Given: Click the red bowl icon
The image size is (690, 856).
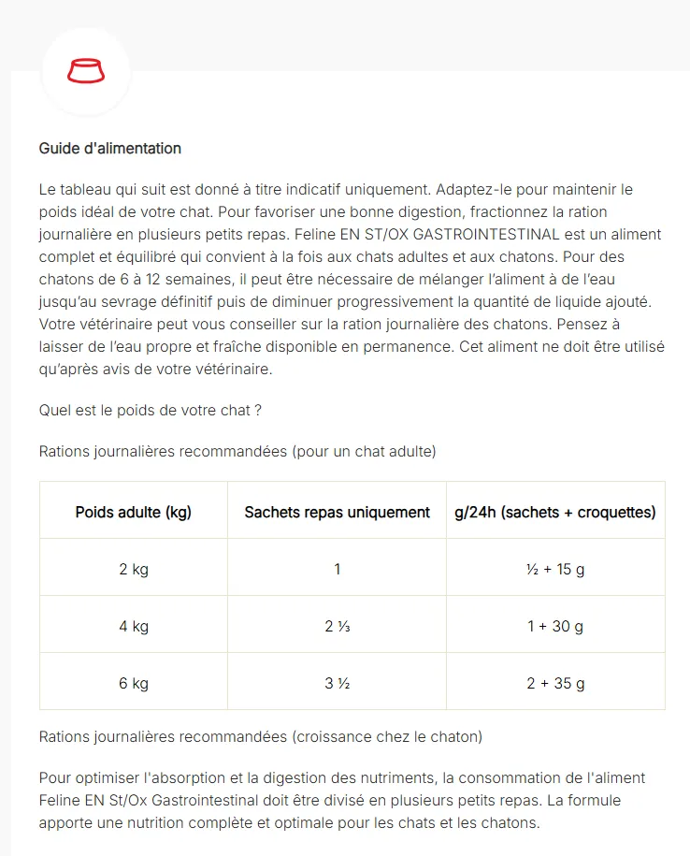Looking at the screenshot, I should coord(86,71).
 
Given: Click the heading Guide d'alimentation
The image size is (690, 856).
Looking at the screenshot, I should coord(110,149).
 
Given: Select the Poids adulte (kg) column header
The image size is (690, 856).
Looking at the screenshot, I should coord(134,512).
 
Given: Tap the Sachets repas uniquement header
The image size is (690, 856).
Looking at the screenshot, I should coord(337,512).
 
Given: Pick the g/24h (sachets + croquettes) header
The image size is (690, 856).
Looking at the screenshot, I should coord(554,512).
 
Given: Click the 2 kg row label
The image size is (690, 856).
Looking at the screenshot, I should coord(134,569).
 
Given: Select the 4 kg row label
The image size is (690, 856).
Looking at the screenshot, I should coord(134,626).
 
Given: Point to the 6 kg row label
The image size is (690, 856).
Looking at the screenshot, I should coord(134,683).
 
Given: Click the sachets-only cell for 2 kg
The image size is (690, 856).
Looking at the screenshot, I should coord(337,569).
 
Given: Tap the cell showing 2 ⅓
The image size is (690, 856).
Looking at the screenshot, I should coord(337,626).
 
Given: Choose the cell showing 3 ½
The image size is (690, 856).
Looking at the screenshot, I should coord(337,683).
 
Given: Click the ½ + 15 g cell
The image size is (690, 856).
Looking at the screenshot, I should coord(554,569).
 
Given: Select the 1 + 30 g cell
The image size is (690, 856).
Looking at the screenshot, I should coord(554,626).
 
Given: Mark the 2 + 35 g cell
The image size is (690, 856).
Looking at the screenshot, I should coord(554,683).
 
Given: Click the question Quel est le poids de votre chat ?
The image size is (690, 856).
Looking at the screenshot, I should coord(151,410).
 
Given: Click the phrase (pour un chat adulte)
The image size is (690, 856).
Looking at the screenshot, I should coord(364,451).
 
